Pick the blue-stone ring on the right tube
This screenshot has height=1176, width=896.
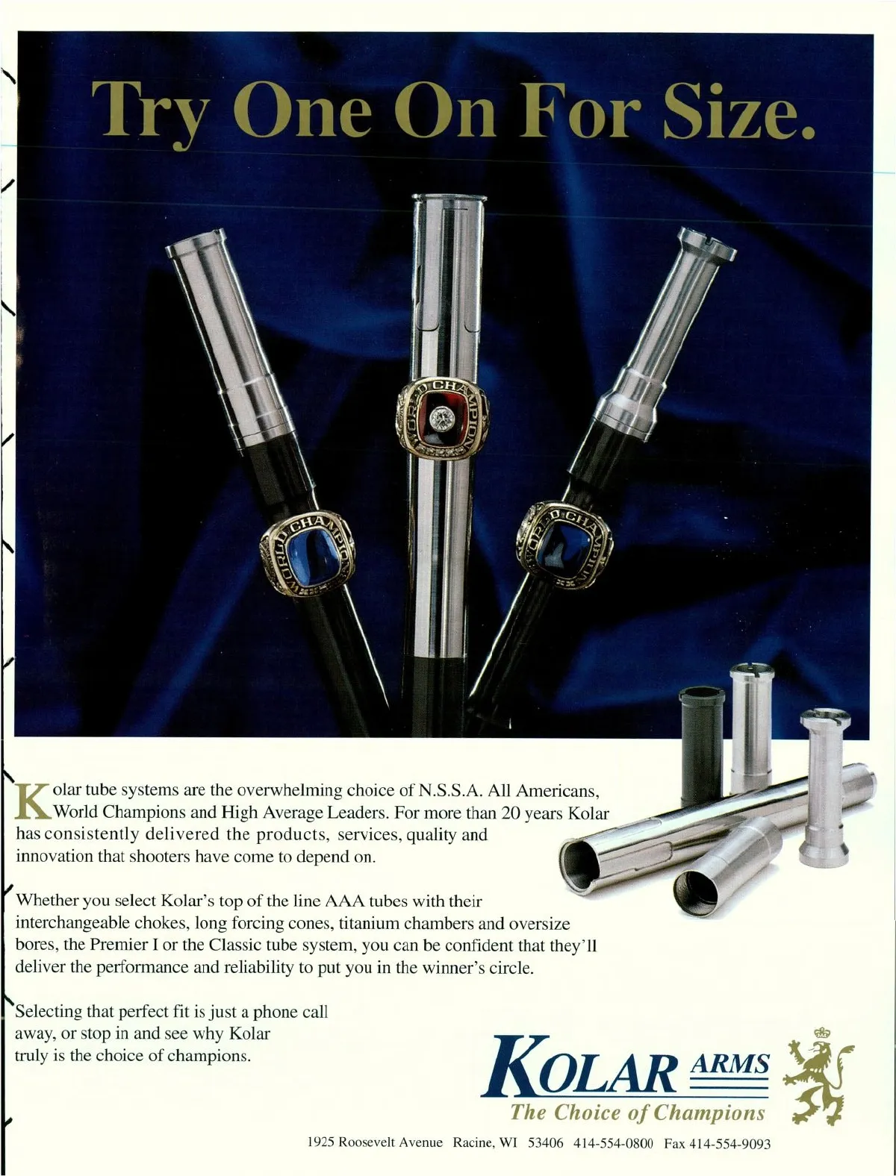564,545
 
